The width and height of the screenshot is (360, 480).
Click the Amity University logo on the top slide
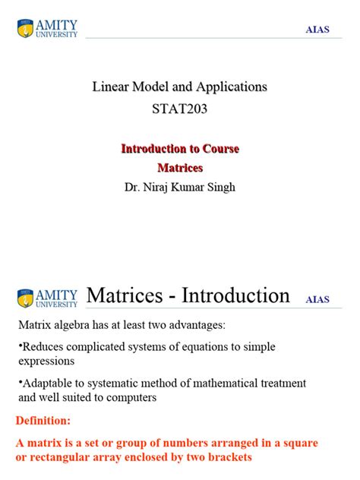(x=46, y=29)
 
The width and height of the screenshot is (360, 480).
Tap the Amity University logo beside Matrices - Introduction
(x=46, y=298)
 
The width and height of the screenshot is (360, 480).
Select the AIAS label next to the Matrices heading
(x=317, y=299)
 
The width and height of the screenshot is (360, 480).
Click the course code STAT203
(x=179, y=109)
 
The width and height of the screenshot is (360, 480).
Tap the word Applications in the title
(x=231, y=87)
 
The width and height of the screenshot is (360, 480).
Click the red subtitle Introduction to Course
(x=180, y=149)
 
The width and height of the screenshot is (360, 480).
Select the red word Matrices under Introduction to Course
(x=180, y=167)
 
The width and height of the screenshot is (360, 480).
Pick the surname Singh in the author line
(x=220, y=187)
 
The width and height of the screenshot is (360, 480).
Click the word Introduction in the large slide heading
(x=239, y=295)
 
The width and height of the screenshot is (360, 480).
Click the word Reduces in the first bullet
(x=43, y=346)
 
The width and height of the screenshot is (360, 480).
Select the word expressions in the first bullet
(x=46, y=362)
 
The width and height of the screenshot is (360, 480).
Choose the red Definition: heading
(x=43, y=420)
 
